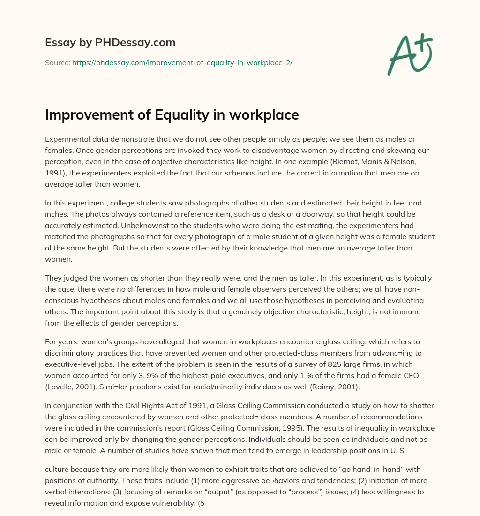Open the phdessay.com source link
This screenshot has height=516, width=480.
tap(182, 62)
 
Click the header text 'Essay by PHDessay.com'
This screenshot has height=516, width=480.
tap(110, 43)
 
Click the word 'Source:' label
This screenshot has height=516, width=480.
tap(57, 62)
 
